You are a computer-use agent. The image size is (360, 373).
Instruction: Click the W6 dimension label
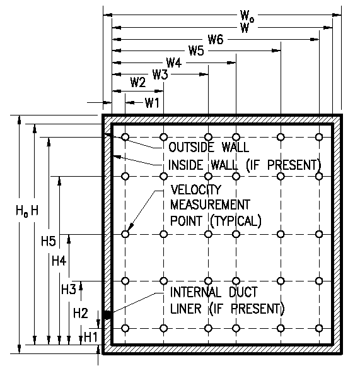[x=216, y=40]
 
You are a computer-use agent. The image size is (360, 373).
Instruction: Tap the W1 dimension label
[x=152, y=103]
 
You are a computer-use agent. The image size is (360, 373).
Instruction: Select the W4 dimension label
[x=174, y=63]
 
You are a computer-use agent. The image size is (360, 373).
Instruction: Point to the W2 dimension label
[x=138, y=83]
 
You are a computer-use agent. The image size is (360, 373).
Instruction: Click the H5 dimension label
[x=49, y=241]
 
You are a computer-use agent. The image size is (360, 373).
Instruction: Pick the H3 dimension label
[x=69, y=290]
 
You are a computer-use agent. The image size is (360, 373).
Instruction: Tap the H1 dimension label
[x=91, y=337]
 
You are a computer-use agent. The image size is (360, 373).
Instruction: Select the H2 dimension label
[x=81, y=313]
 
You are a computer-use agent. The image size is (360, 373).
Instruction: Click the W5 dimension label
[x=196, y=50]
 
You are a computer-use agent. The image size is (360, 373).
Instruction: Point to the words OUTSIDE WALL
[x=209, y=147]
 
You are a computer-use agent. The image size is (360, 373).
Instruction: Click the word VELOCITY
[x=196, y=189]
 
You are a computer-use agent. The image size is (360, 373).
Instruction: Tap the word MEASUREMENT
[x=210, y=204]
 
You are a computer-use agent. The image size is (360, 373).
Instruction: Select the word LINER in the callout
[x=185, y=309]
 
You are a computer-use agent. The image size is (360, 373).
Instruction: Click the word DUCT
[x=243, y=292]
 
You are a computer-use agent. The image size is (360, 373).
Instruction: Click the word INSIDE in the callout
[x=185, y=165]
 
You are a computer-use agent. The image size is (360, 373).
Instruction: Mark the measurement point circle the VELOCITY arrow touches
[x=125, y=234]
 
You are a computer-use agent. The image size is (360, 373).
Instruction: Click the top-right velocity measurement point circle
[x=319, y=137]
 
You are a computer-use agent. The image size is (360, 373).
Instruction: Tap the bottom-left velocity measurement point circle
[x=125, y=329]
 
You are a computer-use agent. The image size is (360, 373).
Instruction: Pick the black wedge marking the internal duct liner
[x=107, y=315]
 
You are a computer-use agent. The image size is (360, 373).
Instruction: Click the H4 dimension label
[x=59, y=261]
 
